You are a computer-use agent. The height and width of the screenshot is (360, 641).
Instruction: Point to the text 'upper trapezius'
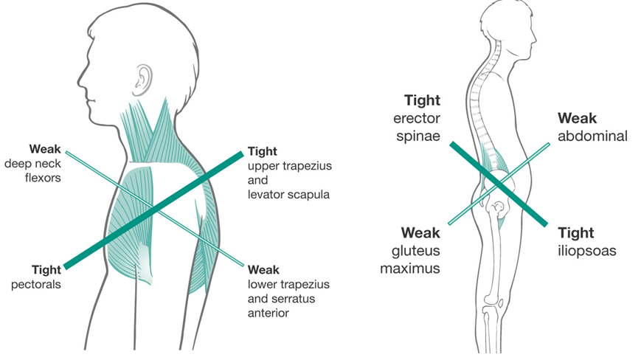click(x=290, y=166)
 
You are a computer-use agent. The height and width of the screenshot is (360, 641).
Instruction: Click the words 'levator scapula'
click(x=288, y=194)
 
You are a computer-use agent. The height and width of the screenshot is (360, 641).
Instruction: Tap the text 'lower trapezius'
click(x=288, y=284)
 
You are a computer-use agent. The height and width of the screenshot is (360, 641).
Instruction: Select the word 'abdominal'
click(x=593, y=136)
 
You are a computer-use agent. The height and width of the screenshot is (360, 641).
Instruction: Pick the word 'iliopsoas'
click(x=587, y=251)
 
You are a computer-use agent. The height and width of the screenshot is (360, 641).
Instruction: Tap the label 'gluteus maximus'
click(x=410, y=259)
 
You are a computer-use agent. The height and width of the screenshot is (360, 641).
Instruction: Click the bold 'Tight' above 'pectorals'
click(x=46, y=269)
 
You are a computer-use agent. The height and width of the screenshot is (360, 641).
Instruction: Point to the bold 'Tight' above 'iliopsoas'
click(x=576, y=233)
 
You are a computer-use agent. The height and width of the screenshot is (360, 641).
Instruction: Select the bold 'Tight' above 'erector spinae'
click(x=423, y=99)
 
